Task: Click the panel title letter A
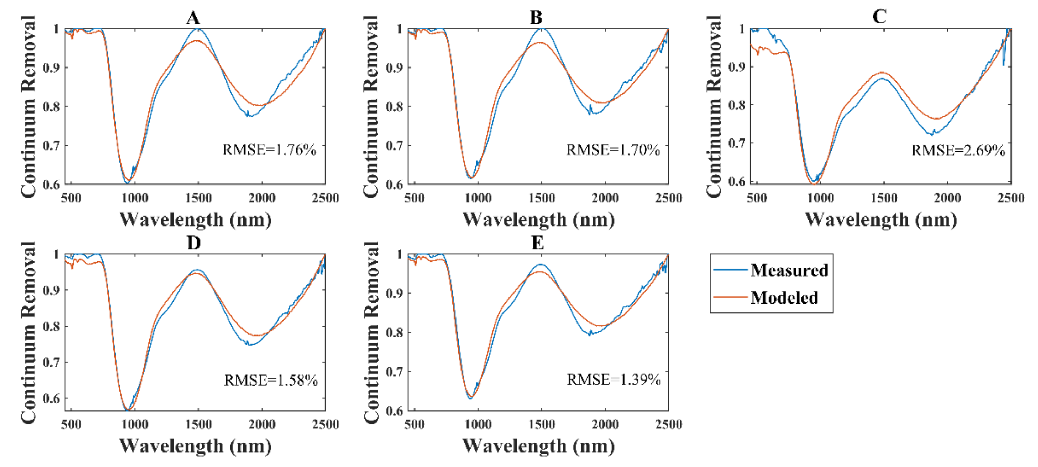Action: [x=193, y=17]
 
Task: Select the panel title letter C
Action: [x=879, y=17]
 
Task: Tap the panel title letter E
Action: [x=538, y=243]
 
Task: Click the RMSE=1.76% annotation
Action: [x=269, y=150]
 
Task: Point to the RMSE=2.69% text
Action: [x=958, y=150]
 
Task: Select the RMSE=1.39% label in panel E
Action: [x=613, y=379]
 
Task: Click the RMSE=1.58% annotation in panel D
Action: [x=271, y=380]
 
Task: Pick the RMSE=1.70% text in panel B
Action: [x=613, y=150]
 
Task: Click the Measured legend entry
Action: [x=789, y=270]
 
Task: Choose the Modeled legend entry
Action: [x=784, y=297]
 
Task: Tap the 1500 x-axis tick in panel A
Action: [x=198, y=198]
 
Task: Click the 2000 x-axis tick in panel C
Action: [x=947, y=198]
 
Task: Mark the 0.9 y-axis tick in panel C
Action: [x=737, y=66]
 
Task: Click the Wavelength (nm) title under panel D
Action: [x=195, y=446]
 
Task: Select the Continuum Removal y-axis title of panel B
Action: [x=371, y=107]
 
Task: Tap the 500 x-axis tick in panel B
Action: [x=414, y=198]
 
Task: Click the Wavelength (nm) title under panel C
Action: [x=881, y=220]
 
